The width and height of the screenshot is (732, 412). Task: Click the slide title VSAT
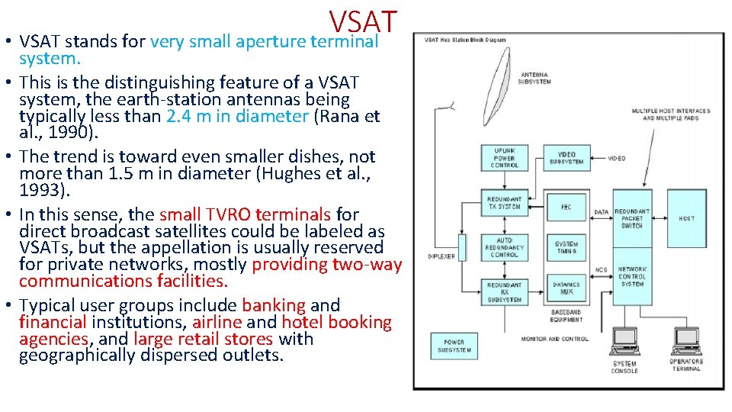[364, 20]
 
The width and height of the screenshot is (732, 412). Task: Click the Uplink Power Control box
[504, 158]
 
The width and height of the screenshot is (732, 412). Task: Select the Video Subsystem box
[567, 158]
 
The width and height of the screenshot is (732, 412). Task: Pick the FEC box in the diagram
[567, 207]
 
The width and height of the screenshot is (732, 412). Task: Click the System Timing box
[567, 247]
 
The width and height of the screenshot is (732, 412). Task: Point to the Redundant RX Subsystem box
[504, 291]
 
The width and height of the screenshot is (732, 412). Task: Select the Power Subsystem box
[454, 346]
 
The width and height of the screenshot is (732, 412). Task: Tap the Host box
[686, 218]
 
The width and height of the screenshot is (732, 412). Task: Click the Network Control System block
[632, 276]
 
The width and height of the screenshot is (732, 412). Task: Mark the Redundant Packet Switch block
[632, 218]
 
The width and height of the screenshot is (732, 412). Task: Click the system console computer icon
[625, 342]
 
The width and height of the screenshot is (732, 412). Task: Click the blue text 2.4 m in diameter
[236, 116]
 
